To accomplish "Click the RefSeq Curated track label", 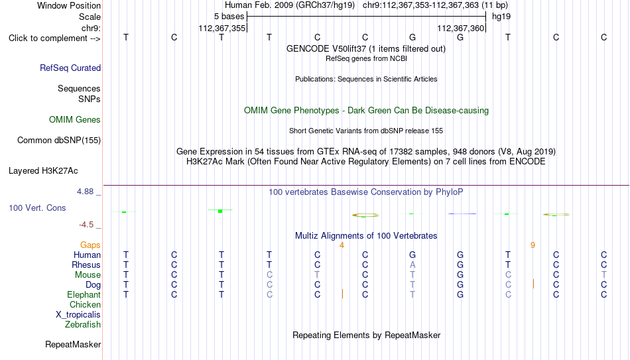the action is pyautogui.click(x=70, y=68).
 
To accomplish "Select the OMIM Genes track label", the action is pyautogui.click(x=75, y=120).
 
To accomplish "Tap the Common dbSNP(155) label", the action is pyautogui.click(x=59, y=141).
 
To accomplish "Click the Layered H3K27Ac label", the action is pyautogui.click(x=43, y=171).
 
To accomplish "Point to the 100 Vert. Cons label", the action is pyautogui.click(x=37, y=208).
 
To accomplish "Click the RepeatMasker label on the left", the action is pyautogui.click(x=73, y=344).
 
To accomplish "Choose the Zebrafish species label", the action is pyautogui.click(x=83, y=325).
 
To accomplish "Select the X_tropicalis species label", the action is pyautogui.click(x=78, y=315).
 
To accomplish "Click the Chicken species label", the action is pyautogui.click(x=85, y=304).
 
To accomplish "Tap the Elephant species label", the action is pyautogui.click(x=84, y=295).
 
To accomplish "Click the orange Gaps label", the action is pyautogui.click(x=90, y=245).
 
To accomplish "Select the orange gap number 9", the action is pyautogui.click(x=533, y=245).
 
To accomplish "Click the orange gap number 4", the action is pyautogui.click(x=342, y=245).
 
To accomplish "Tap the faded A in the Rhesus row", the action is pyautogui.click(x=412, y=265).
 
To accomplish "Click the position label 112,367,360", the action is pyautogui.click(x=460, y=28).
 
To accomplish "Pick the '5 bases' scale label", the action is pyautogui.click(x=229, y=17).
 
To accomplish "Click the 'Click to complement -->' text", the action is pyautogui.click(x=54, y=38).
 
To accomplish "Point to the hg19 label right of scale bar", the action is pyautogui.click(x=501, y=17).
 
